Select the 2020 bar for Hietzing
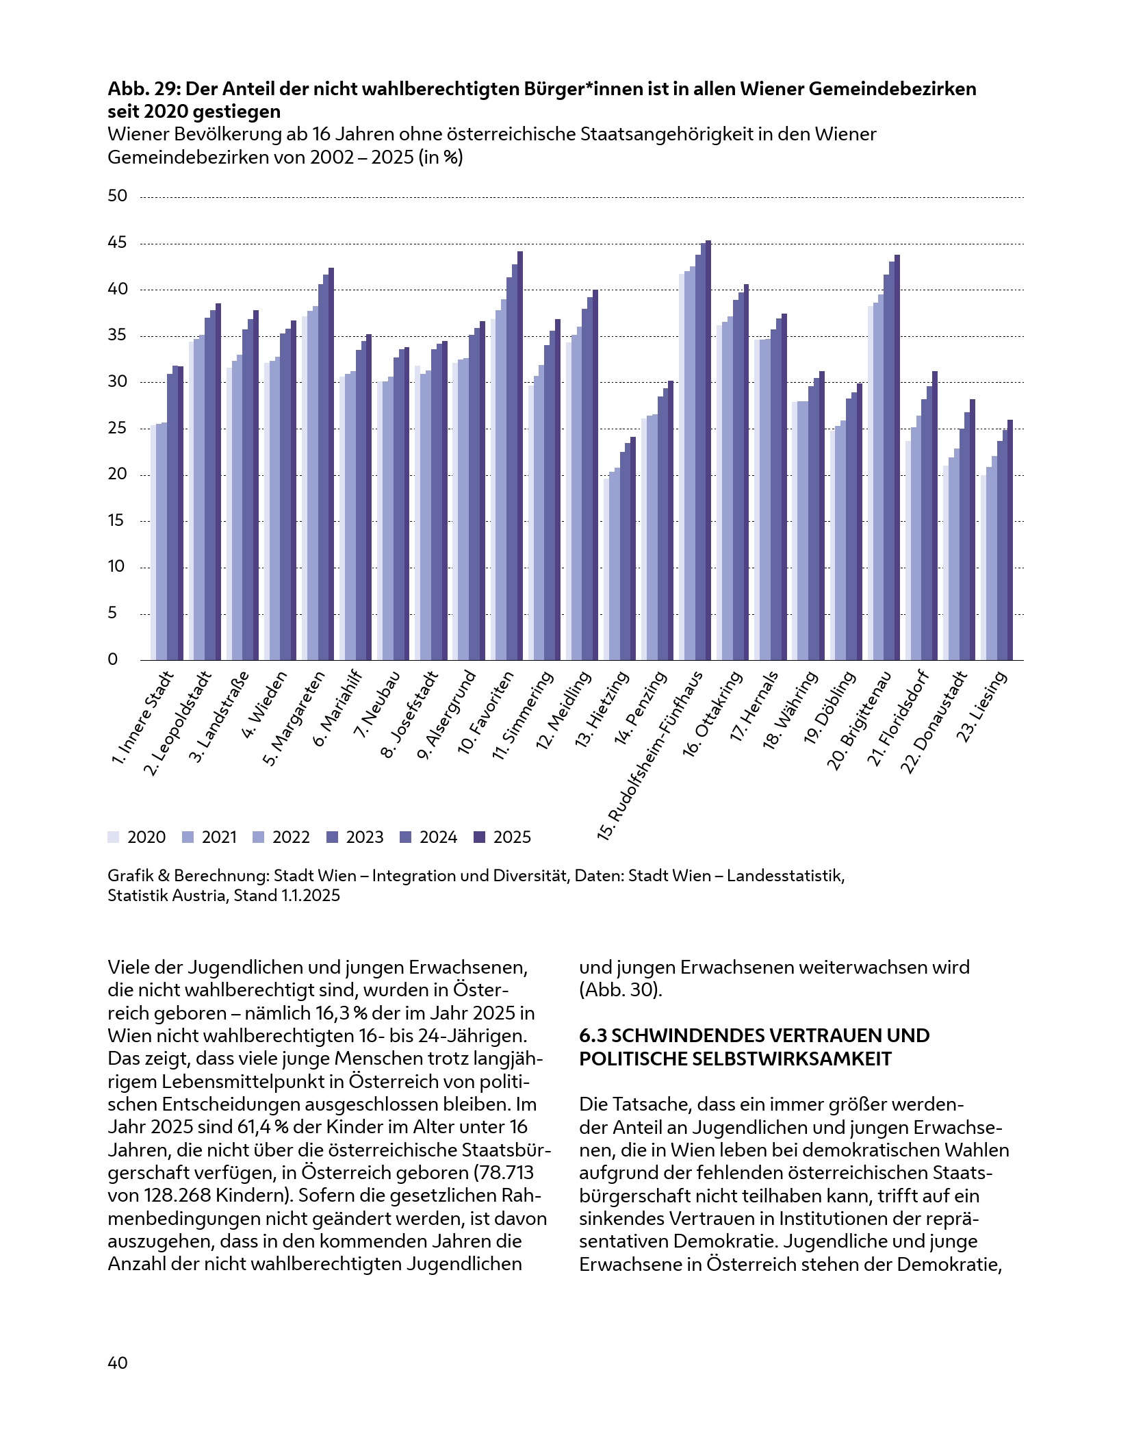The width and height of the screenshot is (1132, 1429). [x=606, y=568]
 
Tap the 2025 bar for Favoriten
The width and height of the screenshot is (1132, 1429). [x=520, y=456]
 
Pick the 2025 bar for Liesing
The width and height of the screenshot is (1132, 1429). [x=1010, y=540]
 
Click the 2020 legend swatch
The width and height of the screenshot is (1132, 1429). [x=113, y=837]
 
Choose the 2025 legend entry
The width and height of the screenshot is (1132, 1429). [x=503, y=837]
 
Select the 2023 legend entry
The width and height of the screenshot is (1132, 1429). [x=356, y=837]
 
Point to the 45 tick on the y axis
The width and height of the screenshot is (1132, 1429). [x=118, y=243]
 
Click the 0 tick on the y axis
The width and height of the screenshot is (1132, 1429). [x=113, y=659]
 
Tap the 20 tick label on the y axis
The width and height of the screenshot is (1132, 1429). [x=118, y=475]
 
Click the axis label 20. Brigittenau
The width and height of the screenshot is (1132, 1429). [x=858, y=722]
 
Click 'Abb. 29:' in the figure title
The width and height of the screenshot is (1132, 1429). [x=144, y=89]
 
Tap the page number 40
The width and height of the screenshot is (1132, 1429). [x=118, y=1363]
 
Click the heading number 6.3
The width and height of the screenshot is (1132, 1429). [x=593, y=1035]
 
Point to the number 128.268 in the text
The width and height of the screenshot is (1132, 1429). [x=176, y=1195]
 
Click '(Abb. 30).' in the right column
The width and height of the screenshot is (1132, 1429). [x=621, y=990]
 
